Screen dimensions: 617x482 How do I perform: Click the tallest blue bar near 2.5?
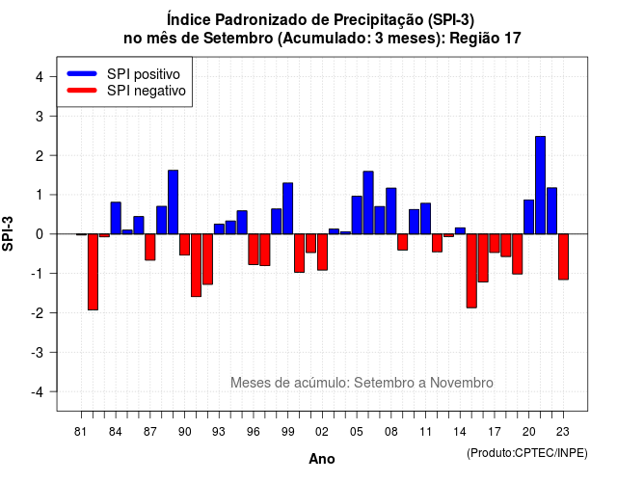click(540, 185)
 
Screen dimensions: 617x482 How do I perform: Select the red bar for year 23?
click(563, 257)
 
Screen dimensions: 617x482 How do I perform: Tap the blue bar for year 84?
click(116, 218)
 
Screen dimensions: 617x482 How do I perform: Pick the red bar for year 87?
click(150, 247)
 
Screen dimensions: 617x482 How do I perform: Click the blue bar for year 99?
click(287, 208)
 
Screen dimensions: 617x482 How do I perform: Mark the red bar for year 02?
click(322, 252)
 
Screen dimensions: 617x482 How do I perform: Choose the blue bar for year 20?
click(529, 217)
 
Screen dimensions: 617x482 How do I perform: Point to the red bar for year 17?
click(495, 243)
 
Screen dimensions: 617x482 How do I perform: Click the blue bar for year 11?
click(425, 219)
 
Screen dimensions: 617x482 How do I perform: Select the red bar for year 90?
click(184, 244)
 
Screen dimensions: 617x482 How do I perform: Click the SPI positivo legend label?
click(144, 74)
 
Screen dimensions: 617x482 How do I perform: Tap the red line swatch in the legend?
click(82, 91)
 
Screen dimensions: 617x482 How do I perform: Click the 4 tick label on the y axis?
click(40, 77)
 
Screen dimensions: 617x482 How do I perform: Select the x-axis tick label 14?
click(460, 432)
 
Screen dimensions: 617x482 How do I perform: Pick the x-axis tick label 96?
click(254, 432)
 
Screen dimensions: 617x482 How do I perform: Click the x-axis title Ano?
click(322, 459)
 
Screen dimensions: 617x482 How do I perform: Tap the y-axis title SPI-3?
click(8, 233)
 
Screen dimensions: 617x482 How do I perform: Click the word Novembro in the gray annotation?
click(461, 383)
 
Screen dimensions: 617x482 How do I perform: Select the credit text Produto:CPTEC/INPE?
click(527, 453)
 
